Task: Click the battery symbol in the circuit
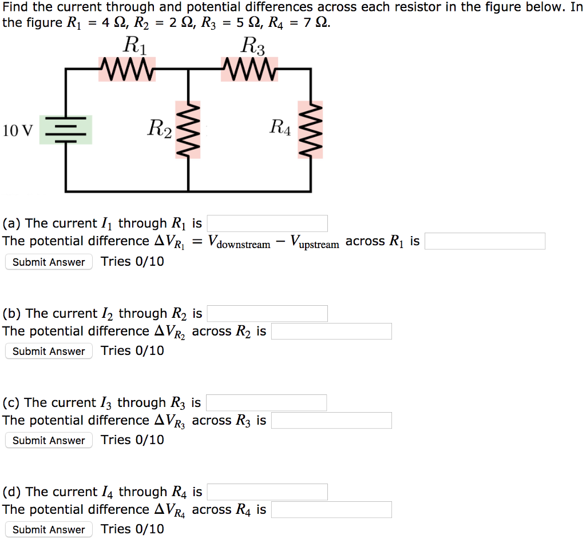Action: click(x=66, y=130)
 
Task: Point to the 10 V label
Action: click(x=18, y=131)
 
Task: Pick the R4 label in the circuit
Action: click(x=280, y=127)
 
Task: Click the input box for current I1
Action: click(x=267, y=223)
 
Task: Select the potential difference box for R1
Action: click(x=485, y=241)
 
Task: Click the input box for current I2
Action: click(x=267, y=313)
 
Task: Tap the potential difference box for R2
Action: click(x=331, y=331)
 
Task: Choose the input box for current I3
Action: click(x=267, y=403)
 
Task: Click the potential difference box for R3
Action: click(x=331, y=421)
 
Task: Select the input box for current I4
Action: click(x=267, y=492)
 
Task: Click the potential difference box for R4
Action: click(x=331, y=510)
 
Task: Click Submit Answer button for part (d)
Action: click(x=49, y=530)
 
